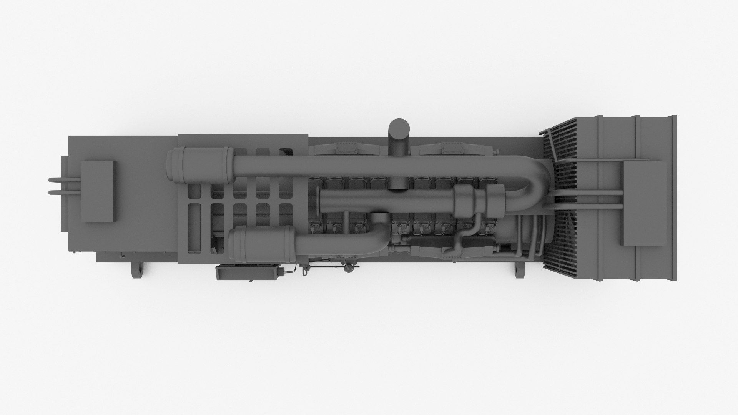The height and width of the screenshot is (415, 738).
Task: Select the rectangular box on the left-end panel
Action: [98, 191]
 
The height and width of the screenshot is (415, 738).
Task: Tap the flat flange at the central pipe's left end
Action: [321, 202]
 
